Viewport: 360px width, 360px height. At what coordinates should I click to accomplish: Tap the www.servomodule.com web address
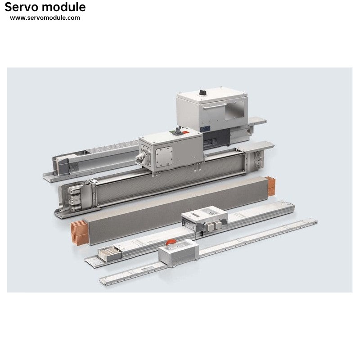pos(45,18)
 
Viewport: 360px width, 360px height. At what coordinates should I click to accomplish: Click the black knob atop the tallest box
pos(202,92)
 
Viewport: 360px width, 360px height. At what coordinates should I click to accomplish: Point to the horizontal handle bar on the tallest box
pos(215,106)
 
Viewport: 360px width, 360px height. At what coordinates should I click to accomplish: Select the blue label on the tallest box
pos(205,129)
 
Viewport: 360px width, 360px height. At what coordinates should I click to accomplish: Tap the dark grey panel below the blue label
pos(216,139)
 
